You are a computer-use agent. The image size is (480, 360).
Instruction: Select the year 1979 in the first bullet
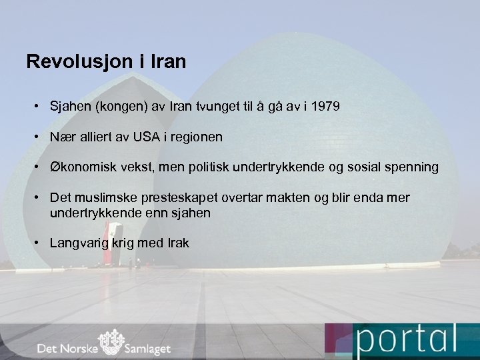(x=326, y=105)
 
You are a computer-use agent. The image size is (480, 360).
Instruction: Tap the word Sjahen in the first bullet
(x=71, y=105)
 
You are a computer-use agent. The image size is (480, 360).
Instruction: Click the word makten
(x=288, y=198)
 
